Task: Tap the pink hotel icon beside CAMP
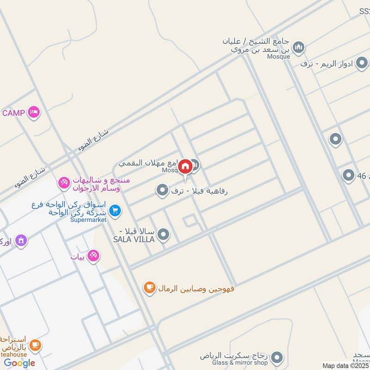point(34,112)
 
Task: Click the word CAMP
point(13,113)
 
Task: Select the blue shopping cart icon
point(115,211)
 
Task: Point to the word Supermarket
point(88,220)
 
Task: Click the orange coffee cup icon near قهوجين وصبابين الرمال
point(149,288)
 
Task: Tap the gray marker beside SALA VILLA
point(163,235)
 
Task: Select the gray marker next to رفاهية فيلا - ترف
point(162,190)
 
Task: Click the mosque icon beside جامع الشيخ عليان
point(299,47)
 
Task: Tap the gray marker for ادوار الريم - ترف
point(362,64)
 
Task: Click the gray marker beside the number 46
point(348,175)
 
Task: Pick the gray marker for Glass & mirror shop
point(277,357)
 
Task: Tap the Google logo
point(19,363)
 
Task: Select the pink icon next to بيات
point(93,255)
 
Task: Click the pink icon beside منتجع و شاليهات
point(64,184)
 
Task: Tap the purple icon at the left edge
point(21,240)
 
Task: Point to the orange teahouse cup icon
point(35,345)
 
